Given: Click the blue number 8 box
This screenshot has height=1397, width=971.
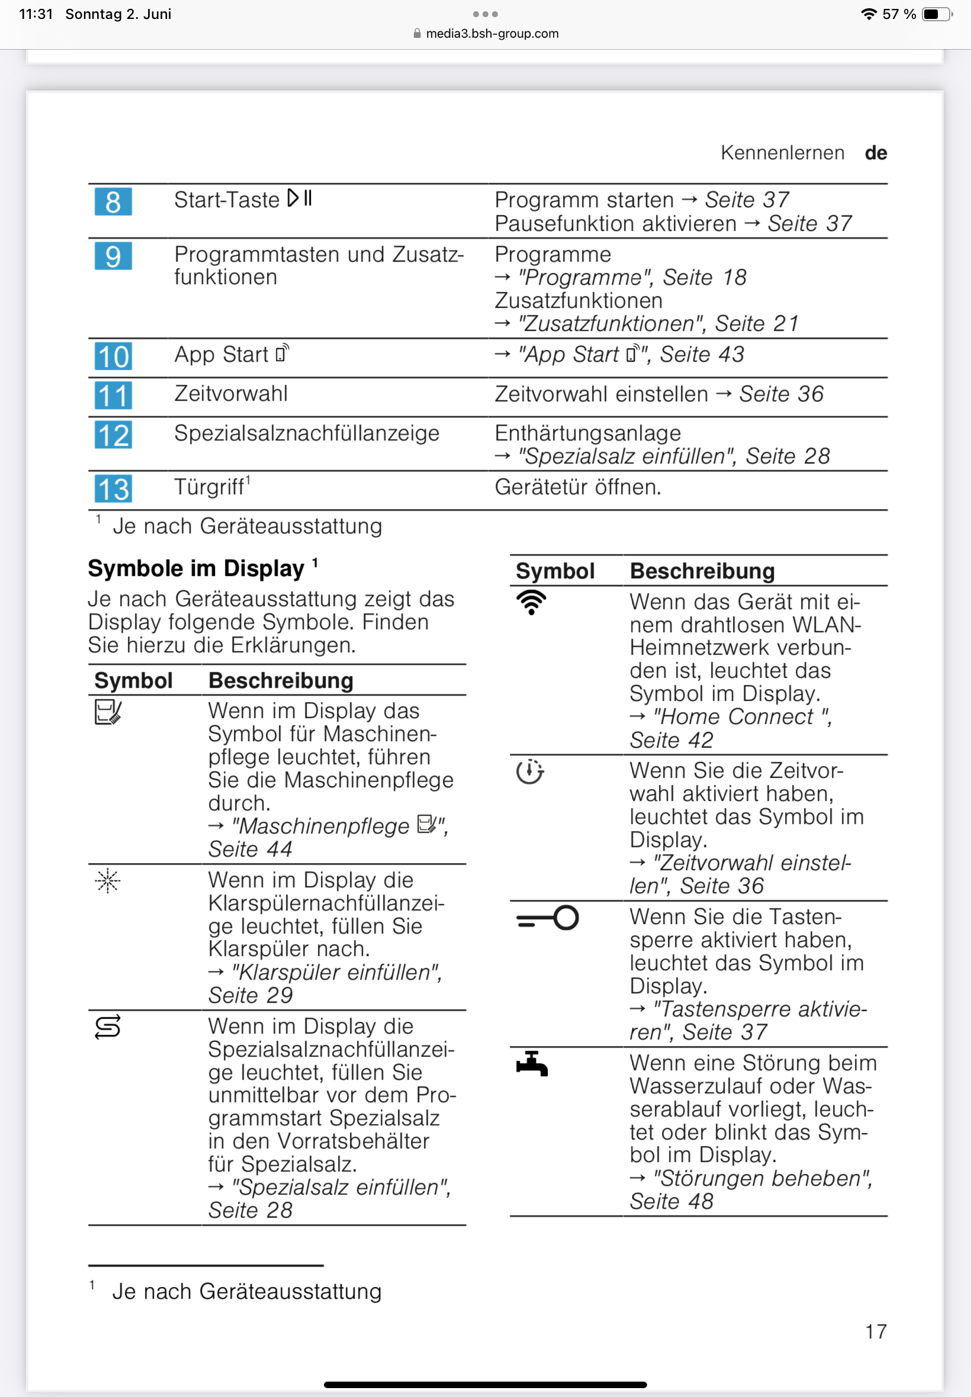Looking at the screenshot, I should point(113,202).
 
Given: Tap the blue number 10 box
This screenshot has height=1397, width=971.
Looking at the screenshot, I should point(113,356).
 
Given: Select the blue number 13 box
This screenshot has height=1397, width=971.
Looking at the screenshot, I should point(113,489).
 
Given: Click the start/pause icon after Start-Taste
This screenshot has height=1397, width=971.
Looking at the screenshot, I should point(300,198).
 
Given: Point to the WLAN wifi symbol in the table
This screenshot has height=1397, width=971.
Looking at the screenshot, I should point(531,602).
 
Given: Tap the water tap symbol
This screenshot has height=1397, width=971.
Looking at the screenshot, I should point(532,1064).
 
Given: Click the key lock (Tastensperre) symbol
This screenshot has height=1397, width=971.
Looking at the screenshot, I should point(547,918).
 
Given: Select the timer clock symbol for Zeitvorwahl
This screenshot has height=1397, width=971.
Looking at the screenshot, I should point(530,771).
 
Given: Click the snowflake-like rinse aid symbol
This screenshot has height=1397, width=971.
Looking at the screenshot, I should point(108,881).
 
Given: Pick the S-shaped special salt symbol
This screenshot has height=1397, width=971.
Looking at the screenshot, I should point(108,1027).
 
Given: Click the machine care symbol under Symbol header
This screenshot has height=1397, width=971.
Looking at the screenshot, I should point(108,712).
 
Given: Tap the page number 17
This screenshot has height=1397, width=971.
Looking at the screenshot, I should point(876,1331).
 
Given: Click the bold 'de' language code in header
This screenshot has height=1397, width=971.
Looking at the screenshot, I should point(876,153).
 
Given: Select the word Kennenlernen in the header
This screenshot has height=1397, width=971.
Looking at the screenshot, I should point(782,153).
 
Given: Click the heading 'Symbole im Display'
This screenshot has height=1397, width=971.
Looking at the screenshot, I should point(196,568).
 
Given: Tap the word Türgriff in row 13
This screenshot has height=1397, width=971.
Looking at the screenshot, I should point(209,487).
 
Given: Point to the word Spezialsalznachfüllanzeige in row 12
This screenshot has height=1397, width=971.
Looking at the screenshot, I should point(307,433).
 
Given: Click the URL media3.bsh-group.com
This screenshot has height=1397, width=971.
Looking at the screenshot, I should point(491,34).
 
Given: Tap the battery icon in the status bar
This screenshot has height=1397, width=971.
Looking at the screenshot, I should point(936,14).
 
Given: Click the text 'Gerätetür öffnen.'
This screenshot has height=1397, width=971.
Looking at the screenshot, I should point(577,487).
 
